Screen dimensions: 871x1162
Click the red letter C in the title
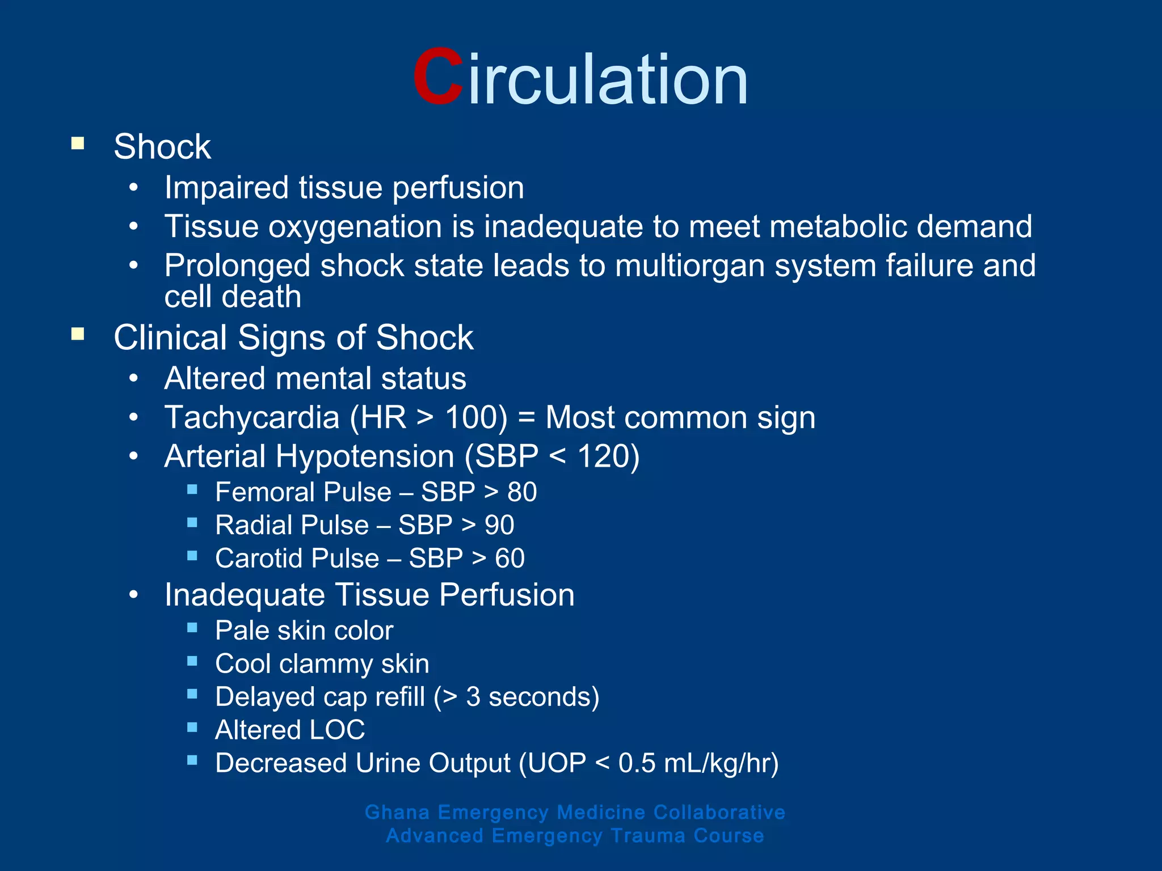tap(437, 77)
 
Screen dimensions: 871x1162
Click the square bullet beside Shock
tap(78, 143)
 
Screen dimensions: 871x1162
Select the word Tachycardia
tap(252, 418)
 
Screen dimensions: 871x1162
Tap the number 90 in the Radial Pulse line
tap(499, 525)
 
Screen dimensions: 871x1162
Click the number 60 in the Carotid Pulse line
tap(510, 559)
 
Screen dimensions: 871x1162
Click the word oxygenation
tap(355, 227)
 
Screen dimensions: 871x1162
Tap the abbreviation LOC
tap(337, 730)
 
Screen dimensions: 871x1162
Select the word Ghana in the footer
tap(397, 813)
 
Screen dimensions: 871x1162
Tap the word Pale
tap(242, 631)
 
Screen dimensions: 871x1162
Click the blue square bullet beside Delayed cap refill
tap(192, 694)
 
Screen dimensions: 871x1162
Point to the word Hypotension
tap(365, 456)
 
